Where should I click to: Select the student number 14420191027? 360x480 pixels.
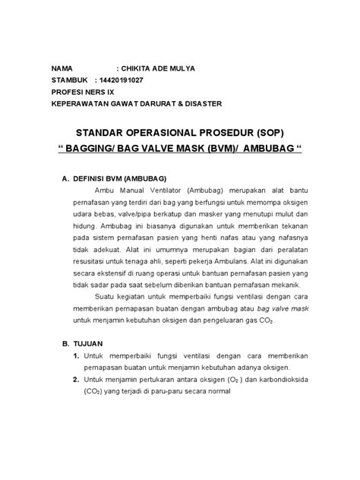tap(128, 80)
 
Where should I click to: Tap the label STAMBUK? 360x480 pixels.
tap(70, 80)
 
